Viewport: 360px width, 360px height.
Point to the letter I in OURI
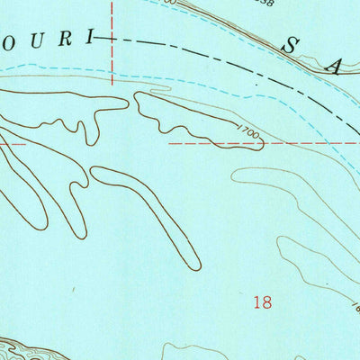point(87,39)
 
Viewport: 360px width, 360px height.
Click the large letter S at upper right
point(292,44)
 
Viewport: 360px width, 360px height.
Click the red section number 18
point(262,303)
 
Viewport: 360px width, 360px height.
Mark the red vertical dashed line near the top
point(112,36)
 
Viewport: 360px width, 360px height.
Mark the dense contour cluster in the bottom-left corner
point(22,349)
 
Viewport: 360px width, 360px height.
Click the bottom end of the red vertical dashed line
point(112,83)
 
